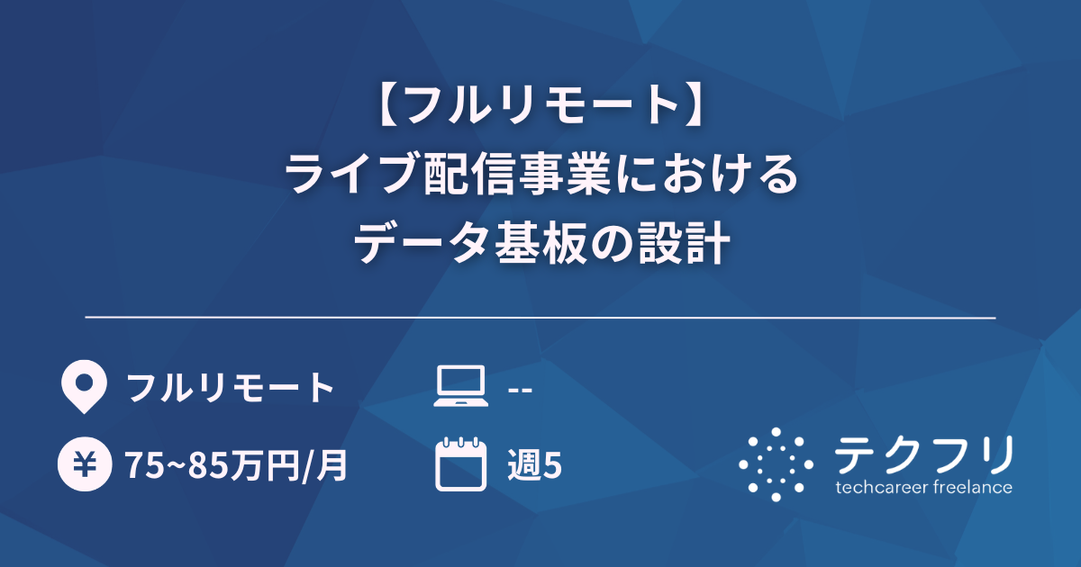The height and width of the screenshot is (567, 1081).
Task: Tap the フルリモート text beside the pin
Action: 231,388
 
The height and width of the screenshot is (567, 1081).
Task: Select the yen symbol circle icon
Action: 83,465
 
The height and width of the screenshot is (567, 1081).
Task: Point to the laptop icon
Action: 460,388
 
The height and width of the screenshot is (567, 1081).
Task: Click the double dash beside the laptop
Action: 521,390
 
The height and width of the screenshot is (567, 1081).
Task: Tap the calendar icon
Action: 460,464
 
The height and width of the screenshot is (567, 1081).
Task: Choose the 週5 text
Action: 535,465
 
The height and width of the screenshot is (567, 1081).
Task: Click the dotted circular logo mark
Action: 776,464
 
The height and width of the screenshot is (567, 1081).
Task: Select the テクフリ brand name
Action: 923,454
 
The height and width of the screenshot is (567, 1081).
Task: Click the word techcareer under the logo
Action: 881,488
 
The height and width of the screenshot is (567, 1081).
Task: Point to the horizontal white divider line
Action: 540,318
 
